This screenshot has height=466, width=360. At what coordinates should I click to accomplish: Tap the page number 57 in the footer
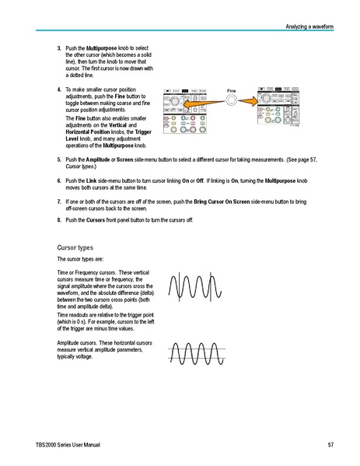point(330,444)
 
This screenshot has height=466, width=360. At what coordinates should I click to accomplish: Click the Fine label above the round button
point(230,90)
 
